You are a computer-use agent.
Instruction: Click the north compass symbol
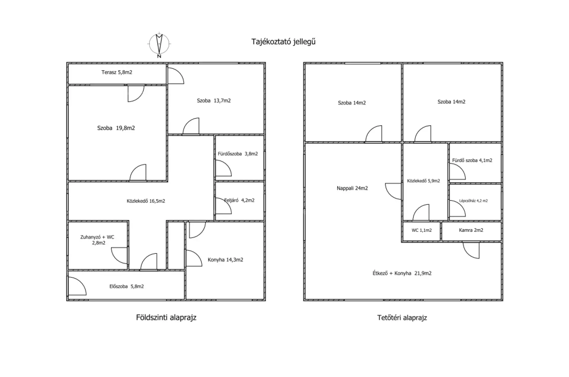coord(159,44)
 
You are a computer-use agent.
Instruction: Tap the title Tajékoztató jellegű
coord(283,42)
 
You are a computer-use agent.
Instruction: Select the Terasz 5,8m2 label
coord(117,72)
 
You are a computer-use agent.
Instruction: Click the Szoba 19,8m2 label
coord(116,128)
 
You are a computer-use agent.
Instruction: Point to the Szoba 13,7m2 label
coord(214,101)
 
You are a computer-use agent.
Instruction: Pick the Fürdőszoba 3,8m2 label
coord(238,154)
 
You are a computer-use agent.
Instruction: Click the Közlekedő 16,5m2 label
coord(146,201)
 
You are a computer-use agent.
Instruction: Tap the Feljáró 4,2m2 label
coord(239,200)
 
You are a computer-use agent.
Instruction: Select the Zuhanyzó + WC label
coord(97,237)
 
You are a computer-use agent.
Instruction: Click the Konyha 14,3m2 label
coord(226,260)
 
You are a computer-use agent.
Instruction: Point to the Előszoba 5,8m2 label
coord(127,287)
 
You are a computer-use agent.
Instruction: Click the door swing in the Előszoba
coord(77,286)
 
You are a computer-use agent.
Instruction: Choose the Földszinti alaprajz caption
coord(166,318)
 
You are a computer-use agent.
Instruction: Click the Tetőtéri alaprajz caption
coord(402,318)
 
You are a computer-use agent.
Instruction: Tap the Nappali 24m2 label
coord(352,188)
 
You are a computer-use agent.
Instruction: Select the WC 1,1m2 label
coord(421,230)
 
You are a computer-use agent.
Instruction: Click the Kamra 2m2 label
coord(471,230)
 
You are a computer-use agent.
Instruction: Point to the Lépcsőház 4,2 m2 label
coord(473,201)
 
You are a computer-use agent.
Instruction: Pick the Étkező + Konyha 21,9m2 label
coord(402,273)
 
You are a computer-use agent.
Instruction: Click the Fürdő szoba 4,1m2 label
coord(472,160)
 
